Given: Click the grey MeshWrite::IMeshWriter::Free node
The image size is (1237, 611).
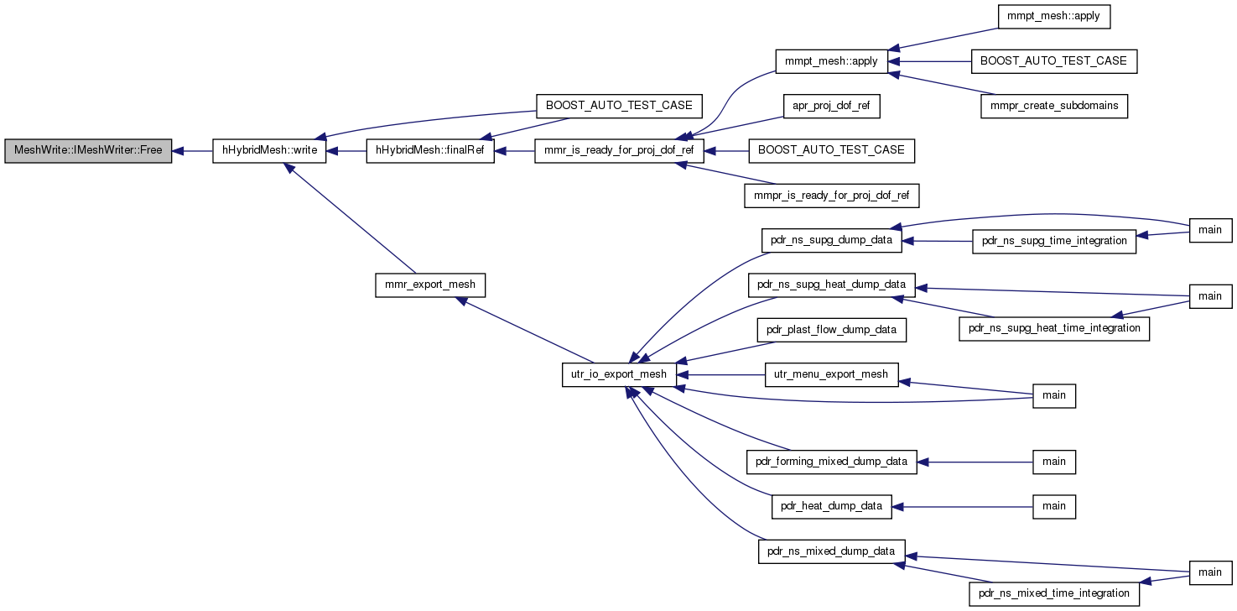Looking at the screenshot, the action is click(88, 151).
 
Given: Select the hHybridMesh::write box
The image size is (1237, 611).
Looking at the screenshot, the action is click(269, 151).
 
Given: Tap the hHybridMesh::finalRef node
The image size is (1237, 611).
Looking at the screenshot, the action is click(430, 151).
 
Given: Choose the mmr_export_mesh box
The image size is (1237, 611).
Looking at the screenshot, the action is click(430, 285).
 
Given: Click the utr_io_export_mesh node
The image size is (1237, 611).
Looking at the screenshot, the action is click(619, 374).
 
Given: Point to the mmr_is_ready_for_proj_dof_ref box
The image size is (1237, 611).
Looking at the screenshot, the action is click(619, 151).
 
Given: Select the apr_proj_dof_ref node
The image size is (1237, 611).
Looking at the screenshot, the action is click(832, 106).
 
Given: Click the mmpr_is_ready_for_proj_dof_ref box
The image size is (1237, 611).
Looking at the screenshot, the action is click(832, 196).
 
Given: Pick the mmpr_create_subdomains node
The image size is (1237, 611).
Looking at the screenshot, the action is click(1054, 106).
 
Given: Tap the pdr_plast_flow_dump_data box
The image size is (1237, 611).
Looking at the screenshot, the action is click(832, 330).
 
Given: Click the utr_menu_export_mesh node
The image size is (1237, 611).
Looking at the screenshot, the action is click(832, 374).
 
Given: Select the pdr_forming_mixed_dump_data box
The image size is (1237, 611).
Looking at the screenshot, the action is click(832, 462).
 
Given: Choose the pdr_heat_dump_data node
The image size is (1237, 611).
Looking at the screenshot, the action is click(832, 507).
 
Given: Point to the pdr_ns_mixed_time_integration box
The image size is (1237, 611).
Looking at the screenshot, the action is click(1054, 594).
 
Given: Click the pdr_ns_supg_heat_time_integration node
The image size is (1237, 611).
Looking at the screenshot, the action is click(1054, 329).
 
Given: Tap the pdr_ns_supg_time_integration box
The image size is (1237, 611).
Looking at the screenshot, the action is click(1054, 242).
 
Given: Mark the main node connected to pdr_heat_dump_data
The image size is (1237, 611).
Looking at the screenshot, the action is click(1054, 507).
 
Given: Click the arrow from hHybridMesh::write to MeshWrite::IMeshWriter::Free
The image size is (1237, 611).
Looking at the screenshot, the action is click(192, 151).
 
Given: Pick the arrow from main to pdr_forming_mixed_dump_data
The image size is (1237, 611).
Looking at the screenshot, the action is click(975, 462).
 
